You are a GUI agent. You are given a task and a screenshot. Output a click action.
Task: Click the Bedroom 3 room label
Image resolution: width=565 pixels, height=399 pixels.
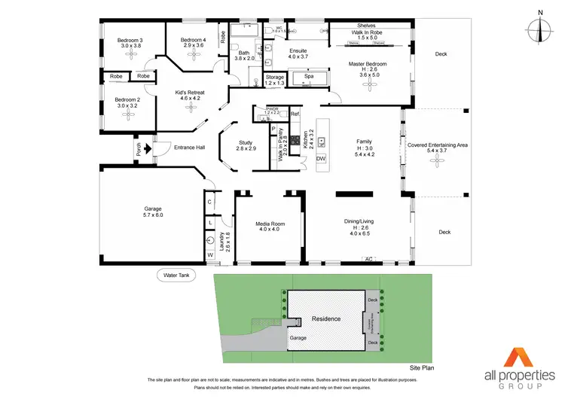click(x=130, y=42)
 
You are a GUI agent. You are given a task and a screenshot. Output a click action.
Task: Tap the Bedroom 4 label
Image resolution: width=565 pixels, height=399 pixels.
click(x=193, y=42)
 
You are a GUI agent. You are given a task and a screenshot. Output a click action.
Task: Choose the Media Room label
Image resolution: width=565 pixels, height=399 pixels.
click(x=268, y=225)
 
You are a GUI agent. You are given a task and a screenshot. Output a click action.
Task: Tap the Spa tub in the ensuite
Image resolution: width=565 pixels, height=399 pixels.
click(x=308, y=77)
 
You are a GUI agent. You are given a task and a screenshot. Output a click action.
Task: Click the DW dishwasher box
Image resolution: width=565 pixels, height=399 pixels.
click(x=320, y=159)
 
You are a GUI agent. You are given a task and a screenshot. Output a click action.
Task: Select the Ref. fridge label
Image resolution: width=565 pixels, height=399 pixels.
click(x=295, y=114)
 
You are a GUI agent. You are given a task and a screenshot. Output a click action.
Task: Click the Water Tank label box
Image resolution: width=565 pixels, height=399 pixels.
click(x=177, y=276)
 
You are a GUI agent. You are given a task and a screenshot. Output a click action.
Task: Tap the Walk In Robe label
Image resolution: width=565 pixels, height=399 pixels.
click(x=367, y=35)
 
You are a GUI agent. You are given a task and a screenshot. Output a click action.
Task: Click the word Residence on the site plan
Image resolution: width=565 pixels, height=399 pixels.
click(x=325, y=318)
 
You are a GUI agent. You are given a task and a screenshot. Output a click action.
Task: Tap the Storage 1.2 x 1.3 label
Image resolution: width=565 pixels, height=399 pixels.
click(x=275, y=80)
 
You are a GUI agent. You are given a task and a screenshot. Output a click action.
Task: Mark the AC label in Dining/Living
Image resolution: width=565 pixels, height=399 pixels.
click(x=368, y=259)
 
